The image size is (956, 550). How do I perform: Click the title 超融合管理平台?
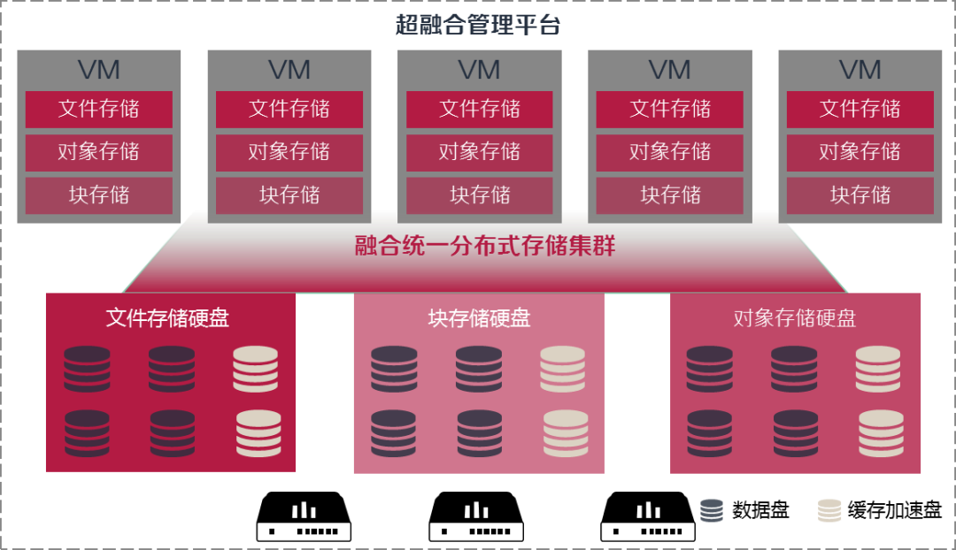tap(478, 25)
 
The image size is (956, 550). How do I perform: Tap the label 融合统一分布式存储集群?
tap(485, 246)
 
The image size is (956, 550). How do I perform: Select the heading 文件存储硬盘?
tap(167, 318)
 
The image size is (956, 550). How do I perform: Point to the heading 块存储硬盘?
tap(479, 318)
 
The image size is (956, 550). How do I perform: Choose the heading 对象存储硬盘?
tap(795, 318)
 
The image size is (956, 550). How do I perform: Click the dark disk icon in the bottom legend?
tap(712, 510)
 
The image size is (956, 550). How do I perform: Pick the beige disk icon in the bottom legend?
tap(829, 510)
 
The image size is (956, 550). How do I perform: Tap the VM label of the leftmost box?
tap(98, 70)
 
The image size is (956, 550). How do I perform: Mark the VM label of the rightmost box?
tap(860, 70)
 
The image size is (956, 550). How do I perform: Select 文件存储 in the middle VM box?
tap(480, 110)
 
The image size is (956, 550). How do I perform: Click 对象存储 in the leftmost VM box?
tap(98, 152)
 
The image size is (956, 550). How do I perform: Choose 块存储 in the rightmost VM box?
tap(860, 195)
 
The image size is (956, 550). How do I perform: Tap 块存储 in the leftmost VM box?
tap(98, 195)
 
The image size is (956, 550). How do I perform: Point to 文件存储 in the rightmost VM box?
tap(860, 110)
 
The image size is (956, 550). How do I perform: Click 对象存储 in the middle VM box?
tap(480, 152)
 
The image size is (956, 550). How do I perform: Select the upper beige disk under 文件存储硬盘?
tap(256, 369)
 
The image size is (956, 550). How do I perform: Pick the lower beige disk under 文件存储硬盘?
tap(258, 433)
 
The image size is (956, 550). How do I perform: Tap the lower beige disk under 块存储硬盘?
tap(566, 433)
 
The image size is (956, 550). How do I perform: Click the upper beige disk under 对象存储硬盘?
tap(878, 369)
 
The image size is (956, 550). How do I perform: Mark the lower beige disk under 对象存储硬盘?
tap(881, 433)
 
